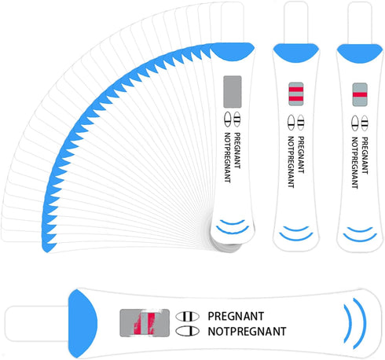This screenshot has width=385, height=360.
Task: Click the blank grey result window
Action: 232,91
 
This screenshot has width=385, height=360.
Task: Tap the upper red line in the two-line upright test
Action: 296,90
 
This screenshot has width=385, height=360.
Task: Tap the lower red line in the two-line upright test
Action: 296,99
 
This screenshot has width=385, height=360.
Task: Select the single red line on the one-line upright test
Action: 360,94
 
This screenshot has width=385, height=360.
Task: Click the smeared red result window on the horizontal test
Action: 145,322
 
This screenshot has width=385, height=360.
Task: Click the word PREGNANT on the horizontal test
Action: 236,316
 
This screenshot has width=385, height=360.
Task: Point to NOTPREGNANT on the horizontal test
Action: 247,332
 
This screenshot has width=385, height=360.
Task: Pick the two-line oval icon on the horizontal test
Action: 187,316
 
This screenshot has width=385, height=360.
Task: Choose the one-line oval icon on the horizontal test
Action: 187,331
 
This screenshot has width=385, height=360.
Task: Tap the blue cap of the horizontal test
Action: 82,324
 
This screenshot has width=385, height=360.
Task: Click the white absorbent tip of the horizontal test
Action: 37,324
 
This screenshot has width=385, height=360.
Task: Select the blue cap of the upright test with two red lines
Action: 296,53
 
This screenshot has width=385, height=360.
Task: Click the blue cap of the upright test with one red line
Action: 360,53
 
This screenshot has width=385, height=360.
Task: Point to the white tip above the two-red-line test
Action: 296,22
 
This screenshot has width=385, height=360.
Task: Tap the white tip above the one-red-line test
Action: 360,23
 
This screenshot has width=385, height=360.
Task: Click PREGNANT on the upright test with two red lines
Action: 301,155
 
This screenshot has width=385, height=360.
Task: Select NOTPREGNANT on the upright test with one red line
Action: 354,163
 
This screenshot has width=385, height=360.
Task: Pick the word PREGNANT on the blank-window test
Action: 237,150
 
